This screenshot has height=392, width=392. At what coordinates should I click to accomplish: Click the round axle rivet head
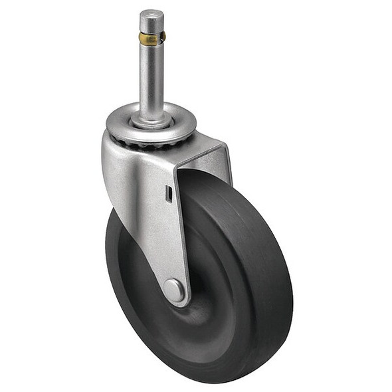[174, 289]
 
